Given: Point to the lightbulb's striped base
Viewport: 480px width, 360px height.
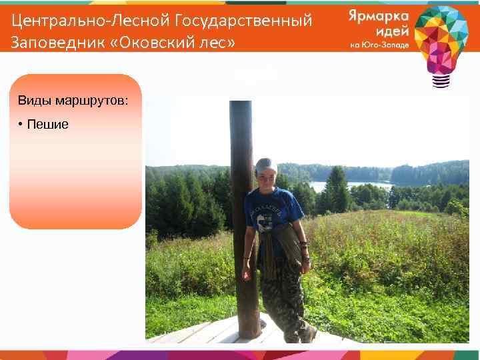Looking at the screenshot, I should pos(441,81).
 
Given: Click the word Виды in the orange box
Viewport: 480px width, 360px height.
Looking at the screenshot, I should pos(32,101).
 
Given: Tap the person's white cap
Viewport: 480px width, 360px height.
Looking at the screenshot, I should pos(267,164).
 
